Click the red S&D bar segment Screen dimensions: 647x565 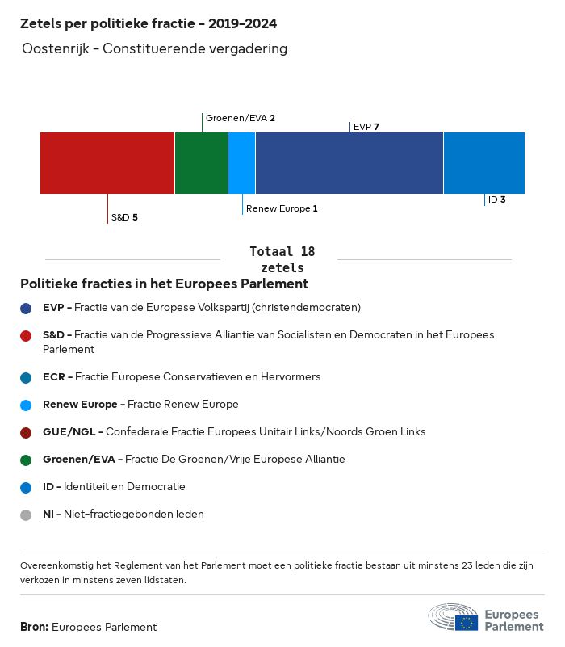[107, 163]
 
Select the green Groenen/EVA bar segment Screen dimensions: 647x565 [201, 163]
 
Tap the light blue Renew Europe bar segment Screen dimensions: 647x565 [241, 163]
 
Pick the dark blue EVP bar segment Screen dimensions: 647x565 [349, 163]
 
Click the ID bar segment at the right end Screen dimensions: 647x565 [483, 163]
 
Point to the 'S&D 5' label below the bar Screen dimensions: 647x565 [124, 217]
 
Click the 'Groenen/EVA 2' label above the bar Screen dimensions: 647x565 [241, 118]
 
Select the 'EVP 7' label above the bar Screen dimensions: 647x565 [366, 127]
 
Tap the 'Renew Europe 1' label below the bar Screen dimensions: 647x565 [282, 208]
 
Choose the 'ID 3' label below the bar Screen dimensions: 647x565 [496, 200]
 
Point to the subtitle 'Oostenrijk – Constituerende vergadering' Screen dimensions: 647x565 [155, 49]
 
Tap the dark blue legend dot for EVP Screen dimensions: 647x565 [27, 308]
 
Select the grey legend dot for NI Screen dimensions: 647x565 [27, 515]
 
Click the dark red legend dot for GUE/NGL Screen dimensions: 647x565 [27, 432]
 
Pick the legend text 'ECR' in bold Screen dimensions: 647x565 [54, 377]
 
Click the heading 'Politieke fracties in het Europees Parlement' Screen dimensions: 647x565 [165, 284]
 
